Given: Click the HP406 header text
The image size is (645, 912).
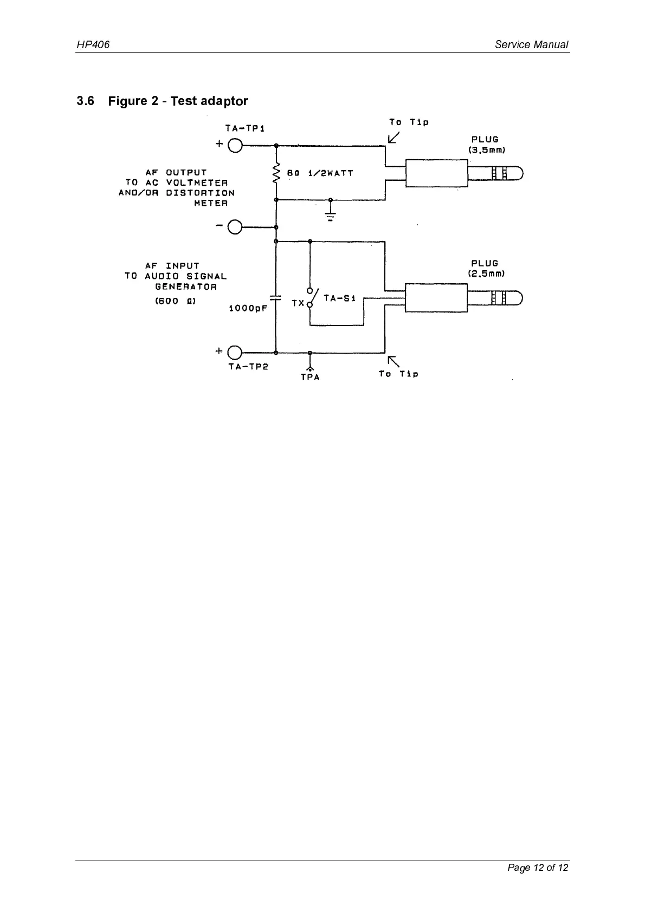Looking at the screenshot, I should click(x=93, y=45).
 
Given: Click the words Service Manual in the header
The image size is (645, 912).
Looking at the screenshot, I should click(x=531, y=45).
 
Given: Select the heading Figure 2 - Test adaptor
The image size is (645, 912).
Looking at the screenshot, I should click(x=178, y=101).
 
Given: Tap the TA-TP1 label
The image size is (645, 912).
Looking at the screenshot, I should click(x=244, y=128).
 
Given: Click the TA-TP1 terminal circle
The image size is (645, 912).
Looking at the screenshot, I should click(x=235, y=145).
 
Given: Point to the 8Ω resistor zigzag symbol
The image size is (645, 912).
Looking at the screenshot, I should click(x=276, y=174).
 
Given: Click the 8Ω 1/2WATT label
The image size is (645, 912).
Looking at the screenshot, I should click(x=320, y=173).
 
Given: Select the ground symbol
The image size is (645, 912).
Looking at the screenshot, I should click(x=331, y=216).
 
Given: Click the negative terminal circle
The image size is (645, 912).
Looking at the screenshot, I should click(x=235, y=227).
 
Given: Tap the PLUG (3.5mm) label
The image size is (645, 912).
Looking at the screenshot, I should click(x=487, y=145).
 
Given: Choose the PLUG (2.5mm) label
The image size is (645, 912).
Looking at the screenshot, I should click(x=487, y=269).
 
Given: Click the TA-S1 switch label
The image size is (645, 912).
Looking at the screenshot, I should click(x=339, y=298).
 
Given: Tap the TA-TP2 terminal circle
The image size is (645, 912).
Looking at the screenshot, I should click(x=235, y=353).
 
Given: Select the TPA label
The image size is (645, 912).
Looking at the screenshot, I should click(x=310, y=377).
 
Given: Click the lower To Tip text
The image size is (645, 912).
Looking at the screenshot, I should click(x=398, y=374).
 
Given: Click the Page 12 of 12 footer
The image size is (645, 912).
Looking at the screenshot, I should click(x=538, y=868).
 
